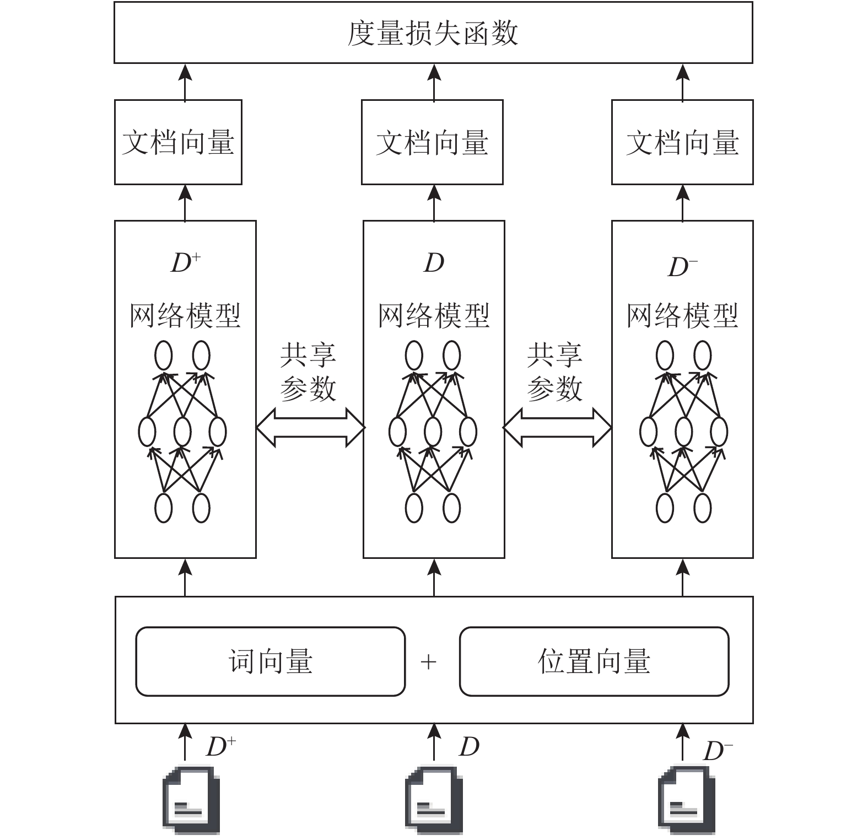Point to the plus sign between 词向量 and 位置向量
click(428, 661)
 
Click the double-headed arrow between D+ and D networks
click(310, 427)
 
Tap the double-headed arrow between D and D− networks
click(557, 427)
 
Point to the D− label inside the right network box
click(683, 267)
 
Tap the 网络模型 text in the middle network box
click(434, 316)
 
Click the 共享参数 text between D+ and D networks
click(308, 371)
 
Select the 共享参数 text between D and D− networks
click(554, 371)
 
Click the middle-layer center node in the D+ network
click(182, 432)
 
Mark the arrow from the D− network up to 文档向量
click(683, 203)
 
